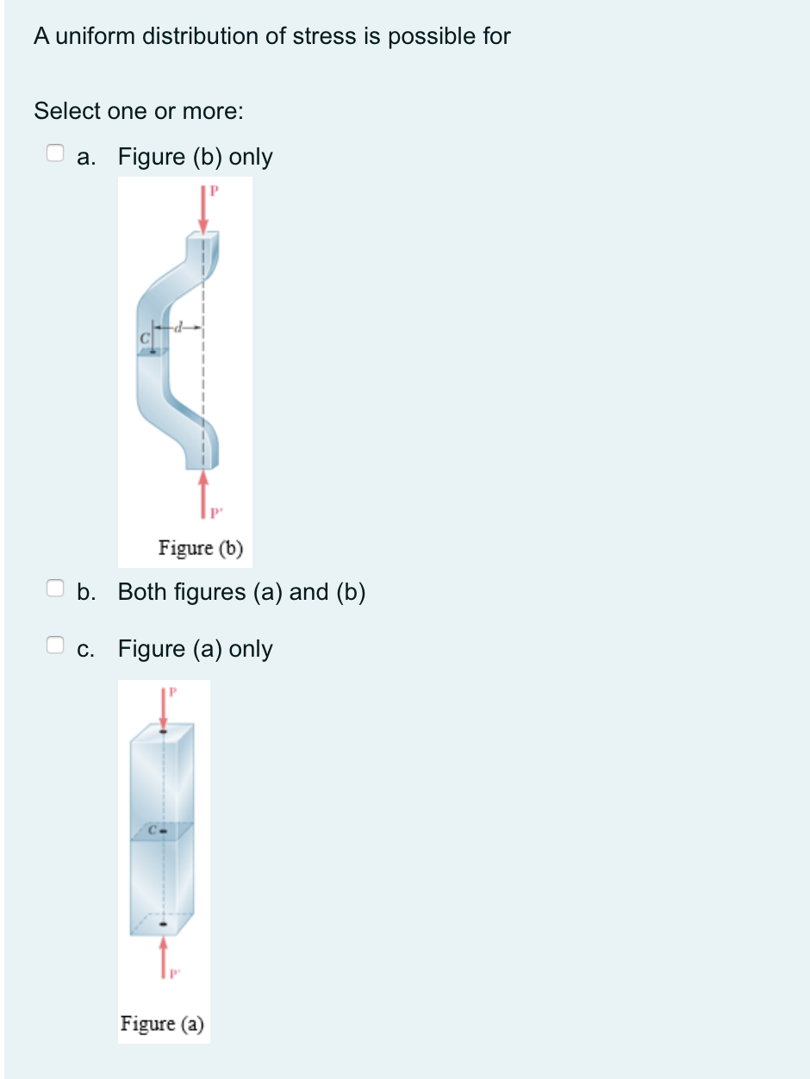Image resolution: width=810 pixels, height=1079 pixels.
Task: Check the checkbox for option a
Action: pyautogui.click(x=55, y=153)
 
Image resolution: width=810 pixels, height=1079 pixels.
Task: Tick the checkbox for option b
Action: pyautogui.click(x=55, y=588)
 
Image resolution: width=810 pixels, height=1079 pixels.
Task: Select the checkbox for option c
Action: pyautogui.click(x=55, y=645)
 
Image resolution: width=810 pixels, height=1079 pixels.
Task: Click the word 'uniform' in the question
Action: pyautogui.click(x=96, y=36)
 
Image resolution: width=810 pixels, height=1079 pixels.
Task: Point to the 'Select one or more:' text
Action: pyautogui.click(x=139, y=110)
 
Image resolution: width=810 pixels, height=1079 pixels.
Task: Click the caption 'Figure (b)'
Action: pyautogui.click(x=201, y=548)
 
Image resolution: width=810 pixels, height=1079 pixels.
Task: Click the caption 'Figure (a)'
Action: pyautogui.click(x=162, y=1024)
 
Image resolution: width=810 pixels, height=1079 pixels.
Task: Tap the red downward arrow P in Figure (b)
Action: pyautogui.click(x=203, y=209)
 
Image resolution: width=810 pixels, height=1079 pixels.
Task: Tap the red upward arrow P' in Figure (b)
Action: pyautogui.click(x=203, y=494)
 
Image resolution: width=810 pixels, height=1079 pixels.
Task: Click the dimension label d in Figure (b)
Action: pyautogui.click(x=179, y=327)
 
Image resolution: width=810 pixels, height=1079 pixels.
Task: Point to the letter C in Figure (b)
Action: pyautogui.click(x=145, y=338)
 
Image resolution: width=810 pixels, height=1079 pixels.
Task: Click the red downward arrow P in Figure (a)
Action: pyautogui.click(x=164, y=708)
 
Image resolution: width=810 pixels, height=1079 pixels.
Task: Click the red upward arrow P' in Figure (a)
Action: pyautogui.click(x=164, y=957)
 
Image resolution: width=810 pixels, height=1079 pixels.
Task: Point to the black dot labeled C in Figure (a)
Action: pyautogui.click(x=164, y=832)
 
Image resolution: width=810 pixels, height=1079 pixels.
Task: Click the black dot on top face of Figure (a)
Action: pyautogui.click(x=164, y=732)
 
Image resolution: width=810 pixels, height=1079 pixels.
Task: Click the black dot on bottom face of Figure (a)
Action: pyautogui.click(x=164, y=924)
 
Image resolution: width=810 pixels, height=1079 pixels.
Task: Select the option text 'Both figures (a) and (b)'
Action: pyautogui.click(x=242, y=592)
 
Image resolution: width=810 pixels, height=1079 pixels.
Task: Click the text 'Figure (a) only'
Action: pyautogui.click(x=195, y=649)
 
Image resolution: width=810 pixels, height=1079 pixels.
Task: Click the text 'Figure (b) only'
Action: pyautogui.click(x=195, y=157)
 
